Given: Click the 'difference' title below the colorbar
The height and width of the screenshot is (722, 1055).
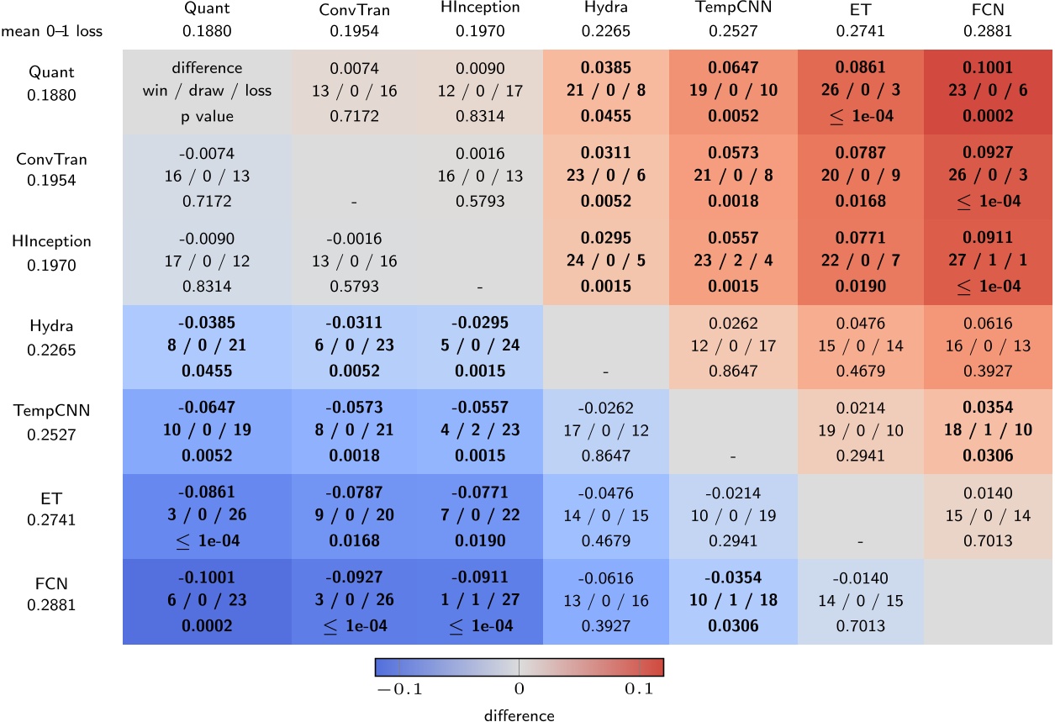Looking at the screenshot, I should tap(520, 715).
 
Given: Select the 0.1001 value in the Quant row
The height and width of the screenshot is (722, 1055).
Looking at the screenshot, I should tap(988, 67).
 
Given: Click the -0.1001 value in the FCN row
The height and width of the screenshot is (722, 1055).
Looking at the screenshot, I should tap(207, 577).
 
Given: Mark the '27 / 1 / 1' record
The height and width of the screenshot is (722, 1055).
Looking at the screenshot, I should tap(988, 263).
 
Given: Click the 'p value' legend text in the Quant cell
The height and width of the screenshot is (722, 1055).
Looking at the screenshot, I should tap(207, 116).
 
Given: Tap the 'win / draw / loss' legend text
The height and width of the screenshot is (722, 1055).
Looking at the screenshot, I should tap(207, 91).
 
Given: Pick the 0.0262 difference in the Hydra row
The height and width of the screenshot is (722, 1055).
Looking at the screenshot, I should tap(734, 323).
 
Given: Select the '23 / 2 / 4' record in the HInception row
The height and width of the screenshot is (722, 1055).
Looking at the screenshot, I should tap(734, 263).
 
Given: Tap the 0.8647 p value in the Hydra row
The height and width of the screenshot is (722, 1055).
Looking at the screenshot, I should tap(734, 369).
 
